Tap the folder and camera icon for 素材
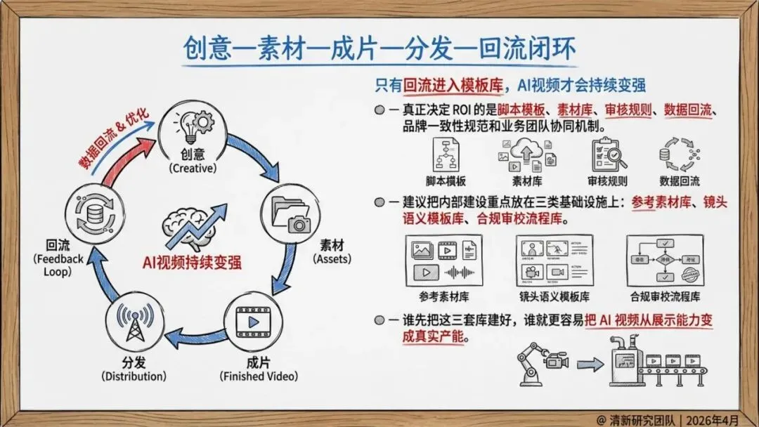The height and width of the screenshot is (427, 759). [290, 216]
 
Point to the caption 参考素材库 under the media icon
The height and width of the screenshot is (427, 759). [443, 296]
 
